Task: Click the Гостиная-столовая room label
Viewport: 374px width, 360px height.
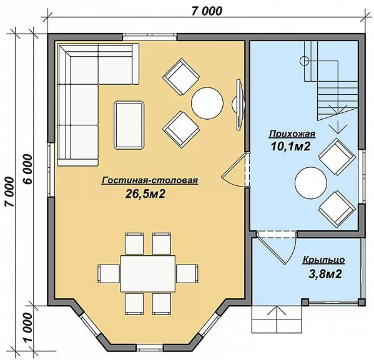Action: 150,180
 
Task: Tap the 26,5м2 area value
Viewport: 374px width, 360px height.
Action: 145,194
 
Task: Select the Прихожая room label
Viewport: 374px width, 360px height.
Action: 292,134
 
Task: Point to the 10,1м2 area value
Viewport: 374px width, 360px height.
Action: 290,147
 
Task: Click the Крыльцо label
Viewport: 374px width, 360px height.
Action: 324,260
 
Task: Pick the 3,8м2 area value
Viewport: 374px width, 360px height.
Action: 325,274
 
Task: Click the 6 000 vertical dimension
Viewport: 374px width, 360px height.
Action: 28,169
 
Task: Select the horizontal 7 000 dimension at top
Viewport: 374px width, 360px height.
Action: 207,11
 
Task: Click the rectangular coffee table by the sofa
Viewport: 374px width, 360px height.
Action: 129,125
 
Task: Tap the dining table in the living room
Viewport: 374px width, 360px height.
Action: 148,273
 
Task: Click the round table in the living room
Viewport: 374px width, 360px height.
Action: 207,103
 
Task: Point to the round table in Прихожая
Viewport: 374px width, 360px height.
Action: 311,183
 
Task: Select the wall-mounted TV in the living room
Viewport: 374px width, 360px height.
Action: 239,105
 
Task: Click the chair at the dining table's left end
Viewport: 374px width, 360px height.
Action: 109,274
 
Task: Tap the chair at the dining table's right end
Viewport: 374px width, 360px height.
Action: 187,274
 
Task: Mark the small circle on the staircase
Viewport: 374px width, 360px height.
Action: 304,61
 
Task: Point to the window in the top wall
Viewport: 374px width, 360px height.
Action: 150,37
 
